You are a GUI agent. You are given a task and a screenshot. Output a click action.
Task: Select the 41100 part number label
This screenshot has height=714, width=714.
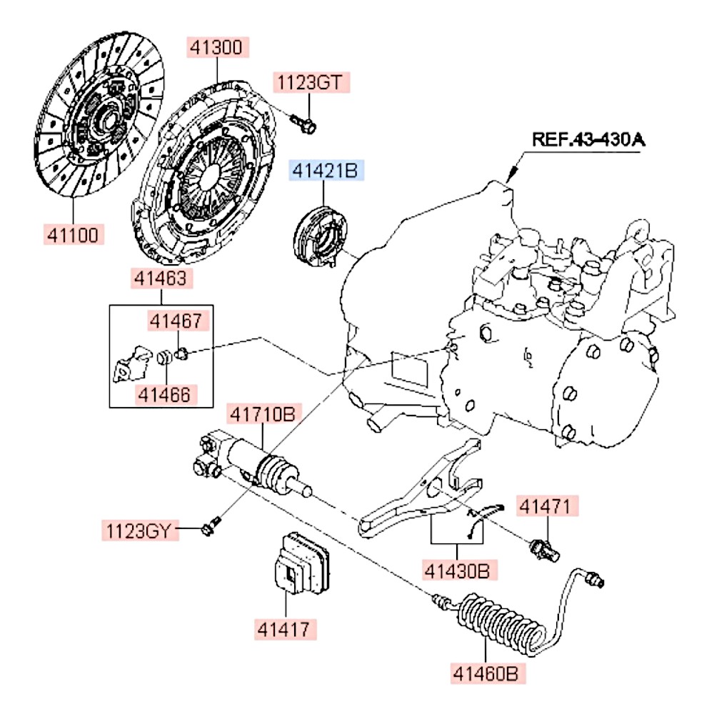(x=74, y=233)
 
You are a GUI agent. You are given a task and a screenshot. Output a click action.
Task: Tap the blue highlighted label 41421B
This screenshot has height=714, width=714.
(x=326, y=171)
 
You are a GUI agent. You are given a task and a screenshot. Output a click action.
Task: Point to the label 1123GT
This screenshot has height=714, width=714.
(x=313, y=83)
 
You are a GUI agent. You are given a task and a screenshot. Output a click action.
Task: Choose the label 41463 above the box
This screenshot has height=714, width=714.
(x=161, y=278)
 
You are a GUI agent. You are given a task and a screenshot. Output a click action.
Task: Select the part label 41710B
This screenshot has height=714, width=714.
(x=262, y=413)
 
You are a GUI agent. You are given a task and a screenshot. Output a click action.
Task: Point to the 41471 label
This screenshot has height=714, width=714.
(x=545, y=507)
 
